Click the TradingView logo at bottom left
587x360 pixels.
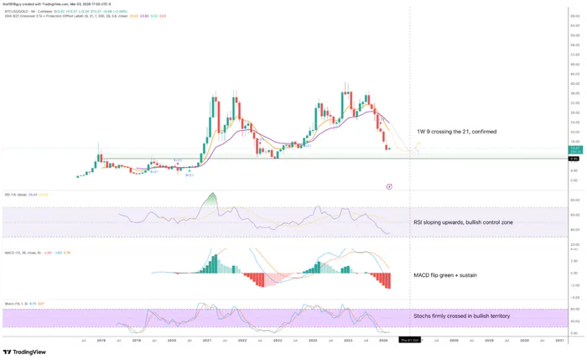click(23, 352)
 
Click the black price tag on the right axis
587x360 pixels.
click(574, 159)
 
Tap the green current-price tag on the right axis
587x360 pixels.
click(574, 149)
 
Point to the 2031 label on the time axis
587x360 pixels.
click(559, 339)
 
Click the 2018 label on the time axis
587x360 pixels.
click(101, 339)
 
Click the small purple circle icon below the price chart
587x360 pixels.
click(390, 186)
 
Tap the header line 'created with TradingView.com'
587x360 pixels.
click(50, 4)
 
